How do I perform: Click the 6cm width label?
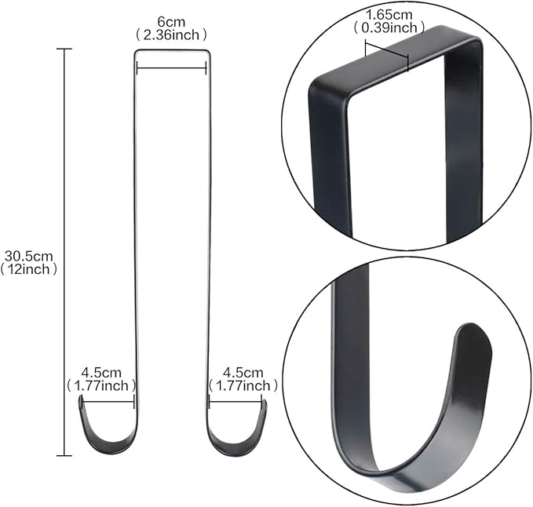[171, 22]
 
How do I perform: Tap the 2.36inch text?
[171, 35]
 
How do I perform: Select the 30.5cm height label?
[28, 256]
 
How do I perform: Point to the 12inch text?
[28, 269]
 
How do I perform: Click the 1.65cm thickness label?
[389, 15]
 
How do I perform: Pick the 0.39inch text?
[389, 27]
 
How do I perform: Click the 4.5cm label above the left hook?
[101, 373]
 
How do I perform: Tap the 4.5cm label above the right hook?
[243, 373]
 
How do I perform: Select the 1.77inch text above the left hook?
[101, 385]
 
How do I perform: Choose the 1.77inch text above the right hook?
[243, 385]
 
